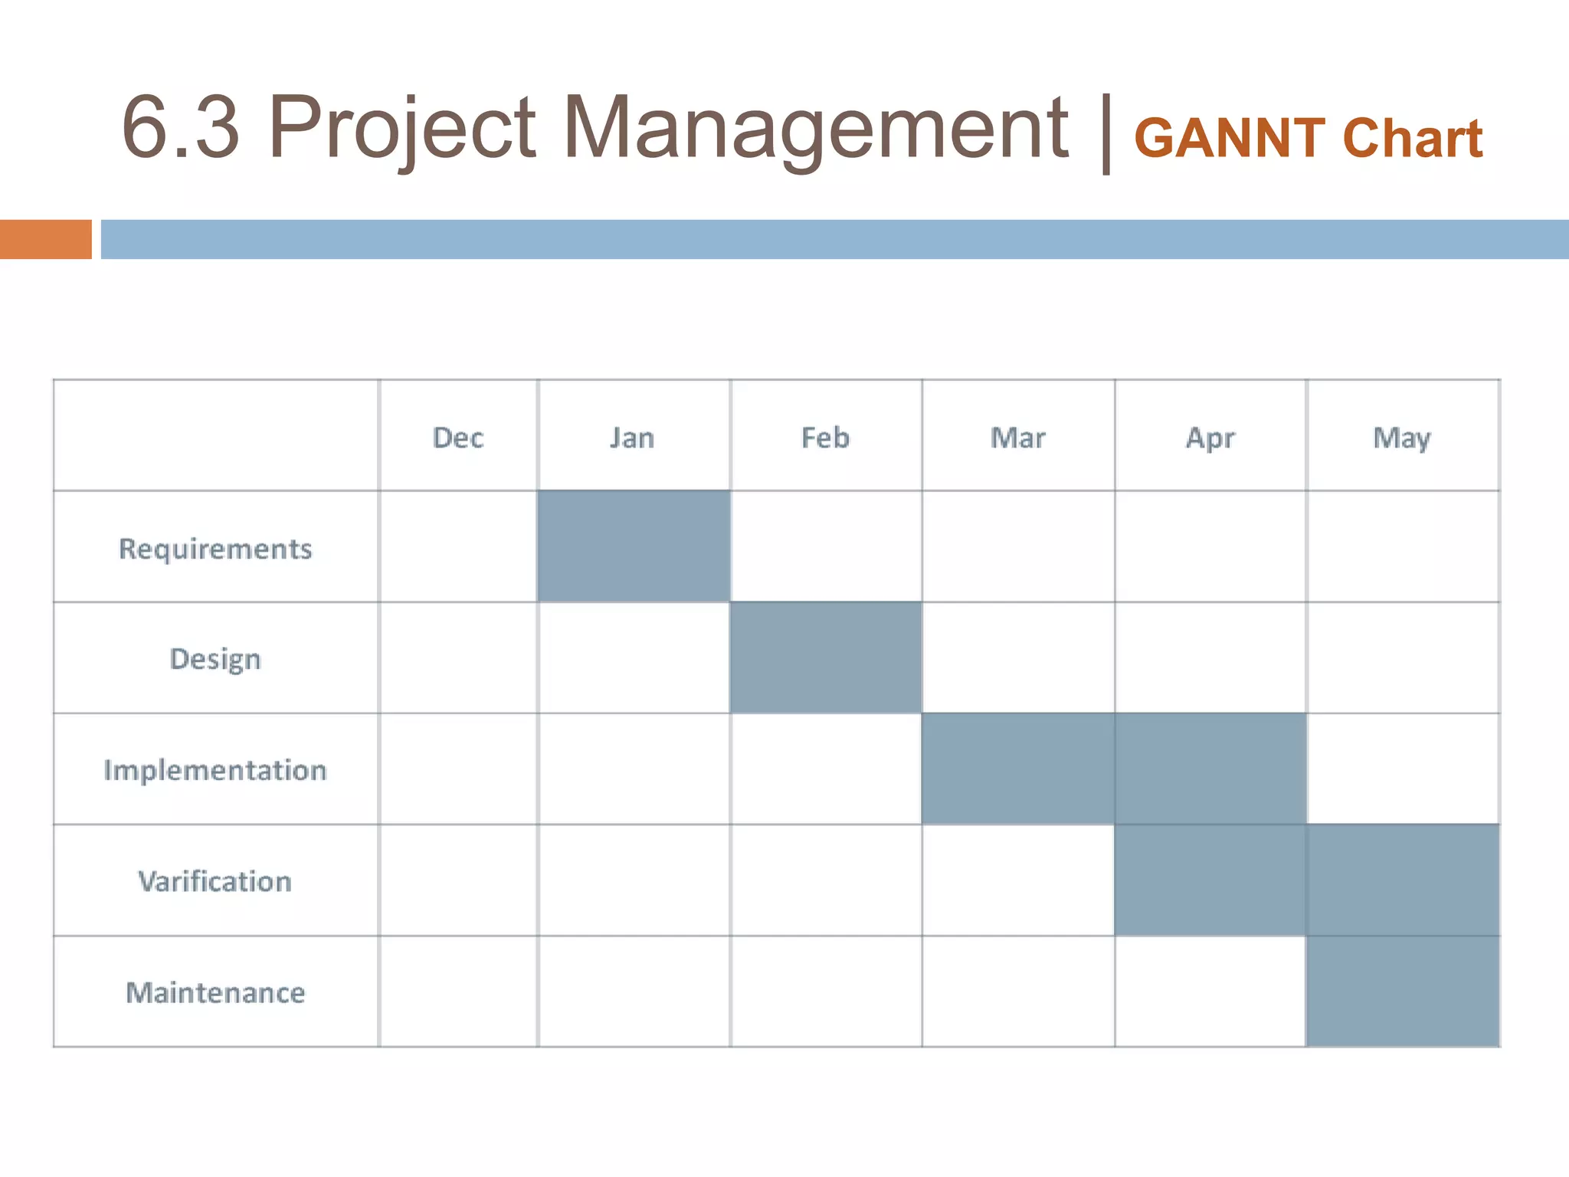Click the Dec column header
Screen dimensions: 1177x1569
pyautogui.click(x=458, y=438)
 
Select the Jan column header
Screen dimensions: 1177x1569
pyautogui.click(x=632, y=438)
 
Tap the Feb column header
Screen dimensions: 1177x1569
pyautogui.click(x=825, y=438)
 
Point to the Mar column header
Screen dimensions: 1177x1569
pyautogui.click(x=1017, y=438)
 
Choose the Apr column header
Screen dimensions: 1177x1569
pyautogui.click(x=1210, y=438)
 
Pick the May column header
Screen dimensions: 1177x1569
pyautogui.click(x=1401, y=438)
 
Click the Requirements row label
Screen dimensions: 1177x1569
pyautogui.click(x=215, y=549)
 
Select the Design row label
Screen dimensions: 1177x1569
pyautogui.click(x=215, y=659)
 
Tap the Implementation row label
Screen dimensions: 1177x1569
pyautogui.click(x=215, y=770)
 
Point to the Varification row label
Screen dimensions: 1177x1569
pyautogui.click(x=215, y=881)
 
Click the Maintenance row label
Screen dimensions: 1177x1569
pyautogui.click(x=215, y=992)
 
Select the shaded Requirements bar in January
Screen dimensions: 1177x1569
pyautogui.click(x=634, y=546)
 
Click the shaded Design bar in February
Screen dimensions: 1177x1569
pyautogui.click(x=826, y=657)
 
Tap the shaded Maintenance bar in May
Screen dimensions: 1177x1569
pyautogui.click(x=1403, y=991)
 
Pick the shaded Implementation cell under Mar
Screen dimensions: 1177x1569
pyautogui.click(x=1017, y=769)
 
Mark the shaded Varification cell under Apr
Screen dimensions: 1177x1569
pyautogui.click(x=1210, y=880)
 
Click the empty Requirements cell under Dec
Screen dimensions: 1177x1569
pyautogui.click(x=458, y=546)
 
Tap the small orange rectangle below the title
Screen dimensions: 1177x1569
pyautogui.click(x=45, y=239)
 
